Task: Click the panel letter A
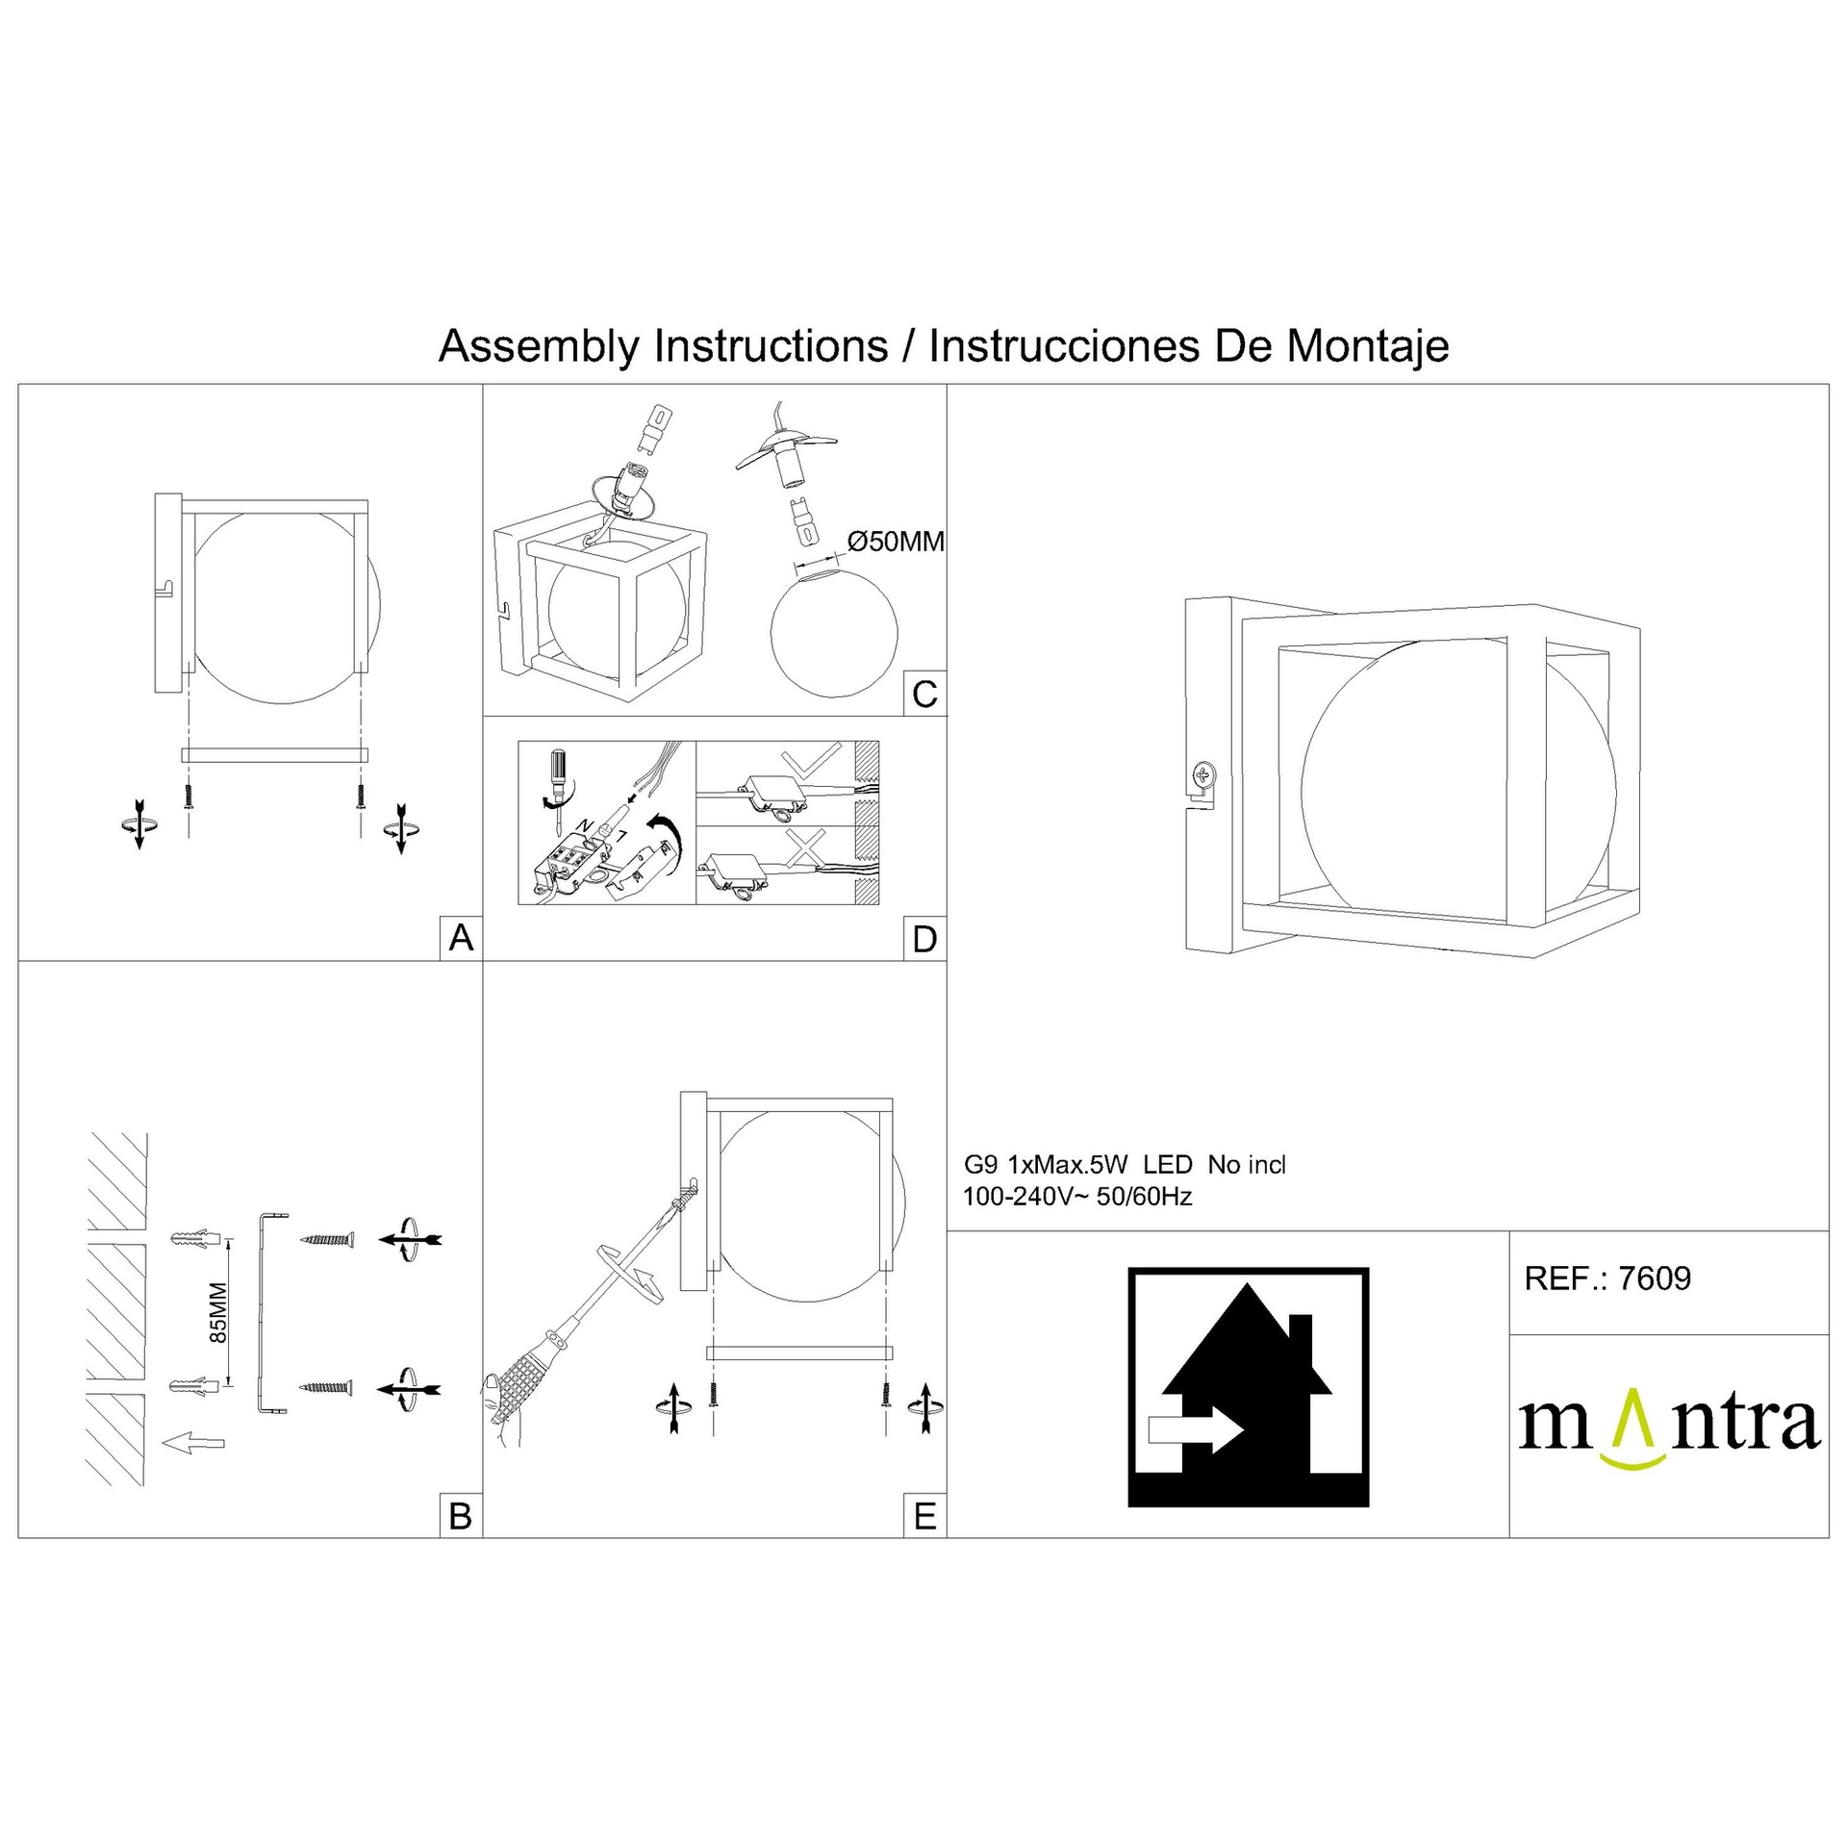(x=461, y=937)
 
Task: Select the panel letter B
(x=461, y=1516)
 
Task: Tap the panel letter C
(x=924, y=694)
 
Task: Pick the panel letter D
(x=924, y=939)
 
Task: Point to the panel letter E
(x=924, y=1516)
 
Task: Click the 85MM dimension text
(x=218, y=1313)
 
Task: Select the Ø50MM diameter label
(x=895, y=542)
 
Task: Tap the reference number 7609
(x=1655, y=1278)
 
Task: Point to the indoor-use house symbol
(x=1248, y=1387)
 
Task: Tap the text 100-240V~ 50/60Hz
(x=1077, y=1197)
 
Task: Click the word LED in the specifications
(x=1167, y=1165)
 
